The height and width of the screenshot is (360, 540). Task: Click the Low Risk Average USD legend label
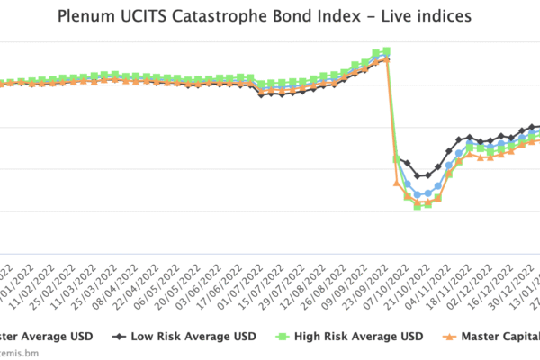pyautogui.click(x=193, y=337)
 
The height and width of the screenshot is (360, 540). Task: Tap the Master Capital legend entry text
pyautogui.click(x=500, y=337)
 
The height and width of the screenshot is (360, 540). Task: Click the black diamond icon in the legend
pyautogui.click(x=119, y=337)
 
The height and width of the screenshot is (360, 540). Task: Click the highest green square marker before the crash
pyautogui.click(x=387, y=51)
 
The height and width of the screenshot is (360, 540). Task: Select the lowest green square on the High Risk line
pyautogui.click(x=418, y=206)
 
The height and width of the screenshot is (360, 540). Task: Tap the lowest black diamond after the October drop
pyautogui.click(x=418, y=175)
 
